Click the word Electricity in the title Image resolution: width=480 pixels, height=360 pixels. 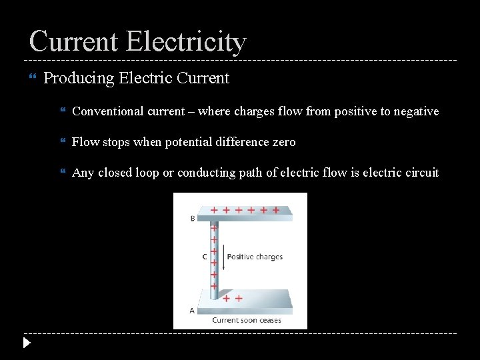click(185, 41)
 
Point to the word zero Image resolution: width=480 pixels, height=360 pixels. click(282, 142)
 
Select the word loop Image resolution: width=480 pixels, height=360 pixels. click(144, 173)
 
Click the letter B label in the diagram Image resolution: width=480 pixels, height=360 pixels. click(193, 218)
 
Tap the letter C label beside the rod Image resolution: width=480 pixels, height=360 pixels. click(204, 256)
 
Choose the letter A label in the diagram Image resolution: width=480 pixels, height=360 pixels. click(193, 310)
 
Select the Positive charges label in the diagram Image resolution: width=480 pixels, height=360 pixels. click(255, 257)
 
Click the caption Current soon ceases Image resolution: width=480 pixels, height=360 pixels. click(246, 320)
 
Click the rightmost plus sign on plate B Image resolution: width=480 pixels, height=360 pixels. click(276, 209)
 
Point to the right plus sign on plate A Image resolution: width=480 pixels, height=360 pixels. click(239, 299)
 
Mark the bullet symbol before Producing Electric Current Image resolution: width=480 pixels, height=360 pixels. click(31, 79)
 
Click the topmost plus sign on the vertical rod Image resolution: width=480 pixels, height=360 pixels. click(214, 227)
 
